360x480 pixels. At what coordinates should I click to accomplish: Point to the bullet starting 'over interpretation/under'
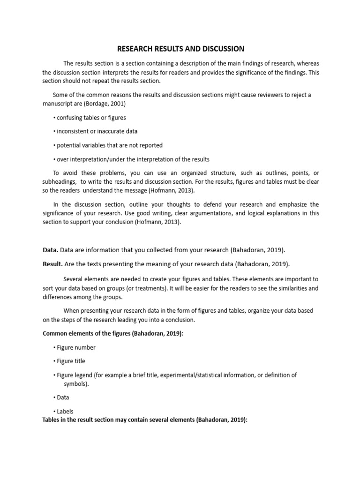[131, 159]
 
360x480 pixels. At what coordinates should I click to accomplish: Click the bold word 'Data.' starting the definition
[51, 250]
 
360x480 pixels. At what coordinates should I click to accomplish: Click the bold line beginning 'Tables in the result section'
[144, 420]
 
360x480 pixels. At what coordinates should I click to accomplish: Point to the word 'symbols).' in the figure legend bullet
[76, 384]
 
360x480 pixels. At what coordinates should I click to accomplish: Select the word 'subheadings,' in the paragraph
[60, 181]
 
